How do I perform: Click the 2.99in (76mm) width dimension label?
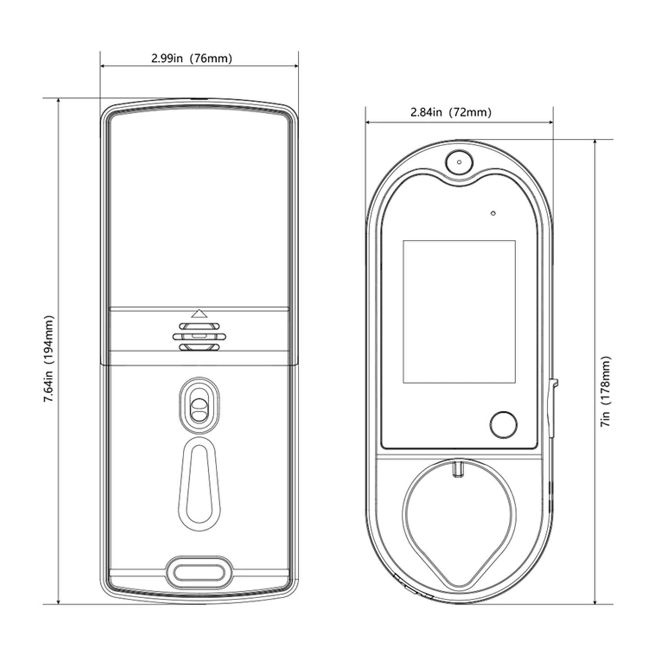(192, 58)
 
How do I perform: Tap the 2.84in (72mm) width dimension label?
(451, 112)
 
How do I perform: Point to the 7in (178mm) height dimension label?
(606, 391)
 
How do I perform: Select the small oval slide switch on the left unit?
(199, 404)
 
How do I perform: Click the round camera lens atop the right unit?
(459, 162)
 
